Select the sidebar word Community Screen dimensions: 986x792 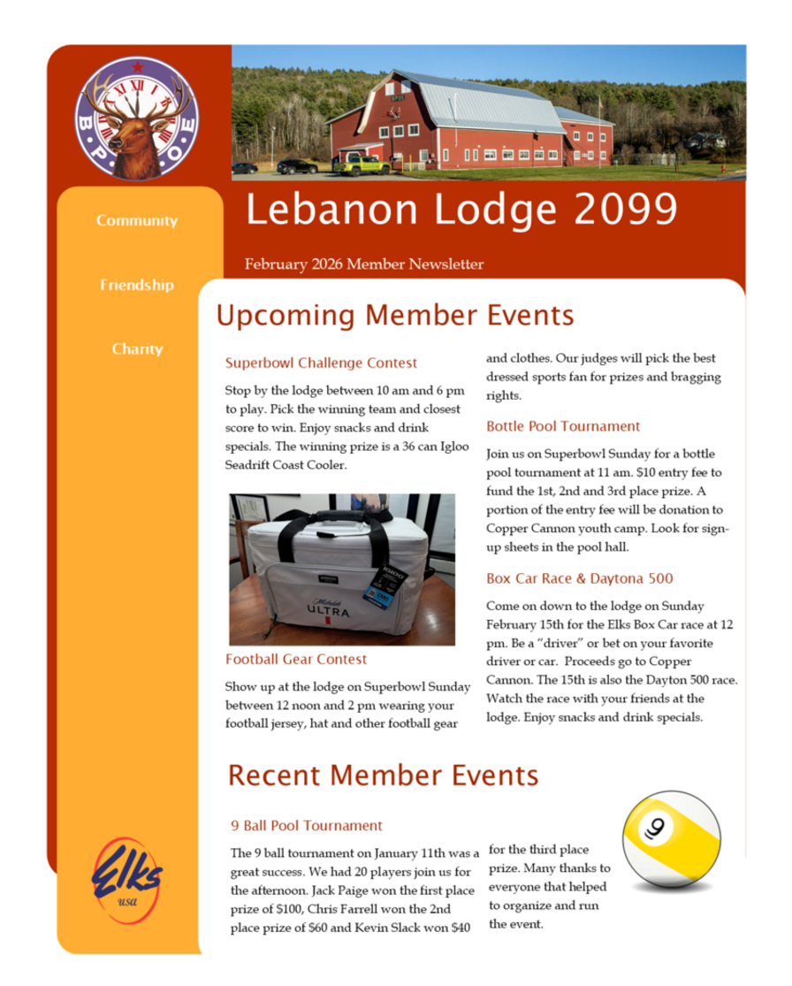tap(137, 220)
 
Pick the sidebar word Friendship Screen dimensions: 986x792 tap(137, 285)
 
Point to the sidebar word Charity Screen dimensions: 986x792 tap(137, 348)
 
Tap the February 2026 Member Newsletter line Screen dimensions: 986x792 tap(364, 264)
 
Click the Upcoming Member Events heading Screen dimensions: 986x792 tap(394, 316)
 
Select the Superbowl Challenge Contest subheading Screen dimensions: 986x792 tap(321, 363)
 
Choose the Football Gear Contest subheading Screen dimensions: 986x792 tap(296, 659)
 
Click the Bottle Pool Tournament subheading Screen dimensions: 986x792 tap(563, 426)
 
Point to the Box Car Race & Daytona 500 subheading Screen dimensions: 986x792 tap(579, 578)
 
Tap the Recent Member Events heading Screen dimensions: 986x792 tap(383, 776)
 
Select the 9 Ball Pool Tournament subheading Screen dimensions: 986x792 tap(306, 825)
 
